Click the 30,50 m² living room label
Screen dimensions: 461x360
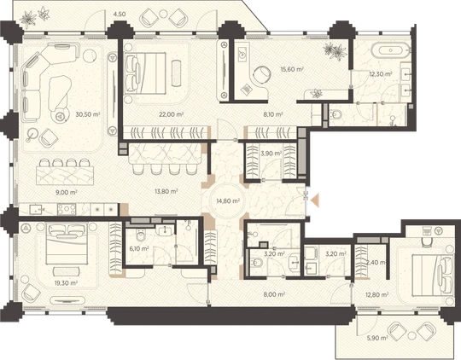pyautogui.click(x=88, y=114)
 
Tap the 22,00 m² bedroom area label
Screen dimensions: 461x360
pyautogui.click(x=172, y=114)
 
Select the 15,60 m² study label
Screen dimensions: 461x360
pyautogui.click(x=291, y=69)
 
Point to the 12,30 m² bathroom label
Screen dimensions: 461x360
pyautogui.click(x=381, y=74)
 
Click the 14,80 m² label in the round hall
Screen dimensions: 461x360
pyautogui.click(x=228, y=201)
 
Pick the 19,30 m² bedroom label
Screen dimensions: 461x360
pyautogui.click(x=66, y=283)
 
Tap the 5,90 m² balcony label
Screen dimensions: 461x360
pyautogui.click(x=377, y=338)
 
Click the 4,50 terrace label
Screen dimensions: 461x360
pyautogui.click(x=120, y=15)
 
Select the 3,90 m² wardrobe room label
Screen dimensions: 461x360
pyautogui.click(x=271, y=153)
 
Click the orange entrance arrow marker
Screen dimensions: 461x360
pyautogui.click(x=316, y=200)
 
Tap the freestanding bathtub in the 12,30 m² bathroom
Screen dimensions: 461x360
pyautogui.click(x=390, y=50)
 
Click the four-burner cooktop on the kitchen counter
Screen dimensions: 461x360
pyautogui.click(x=67, y=209)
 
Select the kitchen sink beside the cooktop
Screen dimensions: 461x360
pyautogui.click(x=36, y=209)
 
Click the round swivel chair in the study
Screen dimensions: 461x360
pyautogui.click(x=262, y=75)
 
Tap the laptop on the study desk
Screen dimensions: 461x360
pyautogui.click(x=247, y=89)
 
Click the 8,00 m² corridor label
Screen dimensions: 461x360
pyautogui.click(x=274, y=294)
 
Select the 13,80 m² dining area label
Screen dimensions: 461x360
pyautogui.click(x=166, y=191)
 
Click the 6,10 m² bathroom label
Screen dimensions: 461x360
pyautogui.click(x=139, y=248)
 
